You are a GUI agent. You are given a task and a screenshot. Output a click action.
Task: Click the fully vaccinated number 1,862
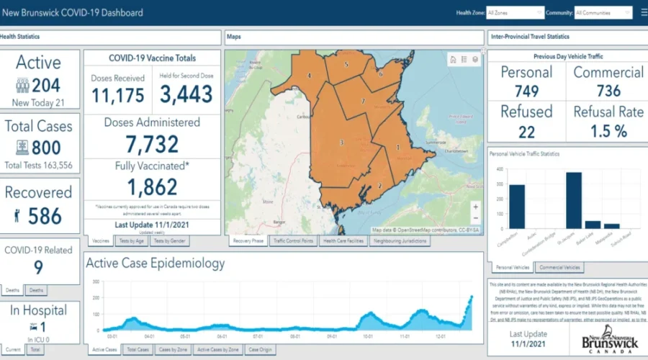[x=152, y=187]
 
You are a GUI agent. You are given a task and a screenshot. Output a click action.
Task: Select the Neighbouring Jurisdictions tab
[x=400, y=241]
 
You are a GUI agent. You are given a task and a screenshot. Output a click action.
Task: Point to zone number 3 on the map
[x=341, y=143]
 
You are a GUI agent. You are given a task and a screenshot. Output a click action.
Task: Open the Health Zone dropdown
[x=515, y=13]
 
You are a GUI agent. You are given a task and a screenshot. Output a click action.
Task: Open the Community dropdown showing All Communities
[x=603, y=13]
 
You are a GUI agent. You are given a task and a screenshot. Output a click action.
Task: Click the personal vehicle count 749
[x=526, y=91]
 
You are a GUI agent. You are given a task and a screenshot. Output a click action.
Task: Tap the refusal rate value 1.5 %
[x=608, y=130]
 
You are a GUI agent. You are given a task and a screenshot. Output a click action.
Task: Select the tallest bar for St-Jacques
[x=574, y=199]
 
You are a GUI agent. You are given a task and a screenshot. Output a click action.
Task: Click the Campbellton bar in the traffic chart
[x=517, y=206]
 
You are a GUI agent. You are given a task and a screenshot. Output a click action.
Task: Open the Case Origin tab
[x=260, y=350]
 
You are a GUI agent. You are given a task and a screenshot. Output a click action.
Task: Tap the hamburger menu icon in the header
[x=644, y=13]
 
